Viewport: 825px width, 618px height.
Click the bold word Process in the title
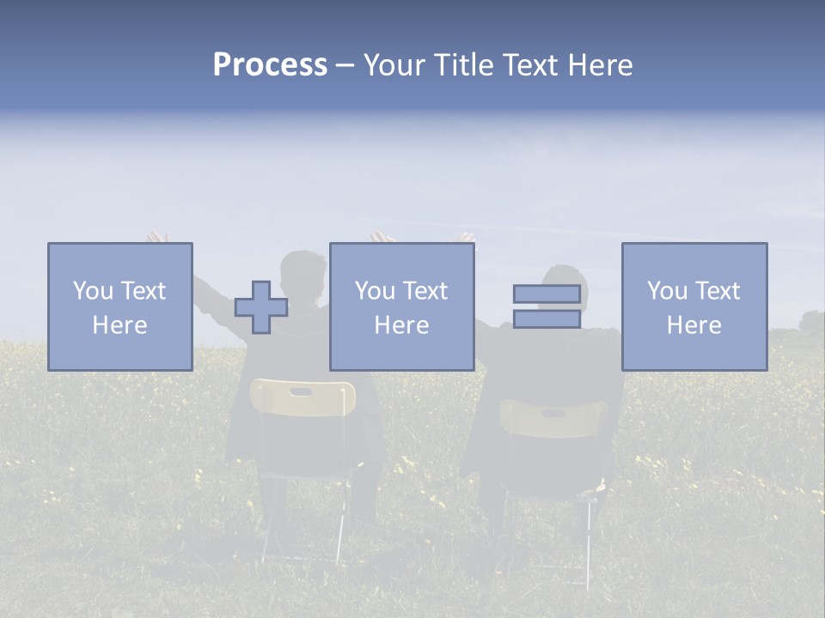click(x=270, y=65)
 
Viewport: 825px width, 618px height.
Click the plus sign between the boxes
click(x=261, y=306)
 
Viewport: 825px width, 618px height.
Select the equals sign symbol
click(x=547, y=306)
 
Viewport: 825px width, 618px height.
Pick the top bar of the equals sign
click(x=547, y=294)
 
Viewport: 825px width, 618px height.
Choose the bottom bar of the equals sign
click(x=547, y=319)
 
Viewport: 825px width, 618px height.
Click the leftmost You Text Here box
click(x=120, y=306)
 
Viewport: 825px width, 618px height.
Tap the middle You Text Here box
click(x=402, y=306)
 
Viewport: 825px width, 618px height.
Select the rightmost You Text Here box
click(x=694, y=306)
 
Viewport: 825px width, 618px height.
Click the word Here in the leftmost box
click(x=120, y=325)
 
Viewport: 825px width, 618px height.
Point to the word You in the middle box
click(x=375, y=291)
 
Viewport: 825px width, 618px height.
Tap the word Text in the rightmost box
click(x=717, y=291)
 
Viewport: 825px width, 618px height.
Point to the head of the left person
click(x=305, y=273)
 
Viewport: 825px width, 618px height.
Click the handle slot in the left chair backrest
click(x=302, y=391)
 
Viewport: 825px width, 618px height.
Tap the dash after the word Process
click(x=345, y=65)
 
